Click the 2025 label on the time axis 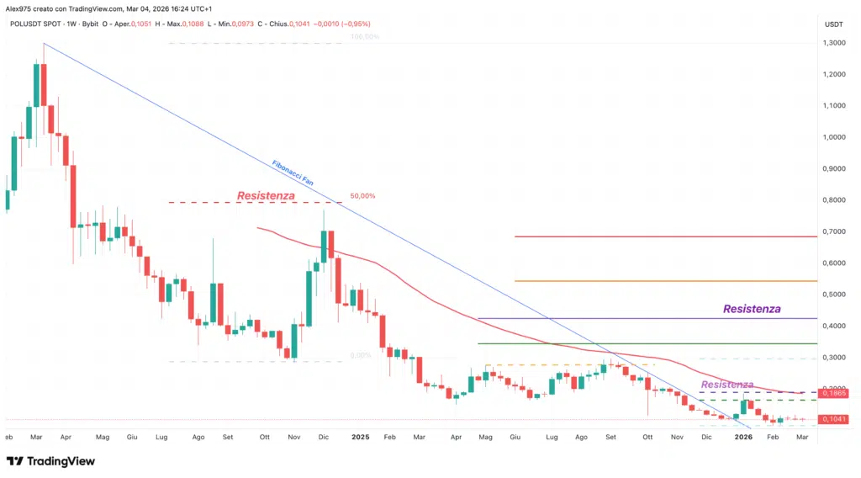pos(361,438)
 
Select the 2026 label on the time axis pos(743,438)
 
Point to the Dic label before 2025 pos(325,438)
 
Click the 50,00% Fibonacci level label pos(362,196)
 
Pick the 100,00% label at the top pos(364,37)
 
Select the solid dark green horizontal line pos(647,343)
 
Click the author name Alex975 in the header pos(20,8)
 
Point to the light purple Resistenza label pos(726,385)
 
